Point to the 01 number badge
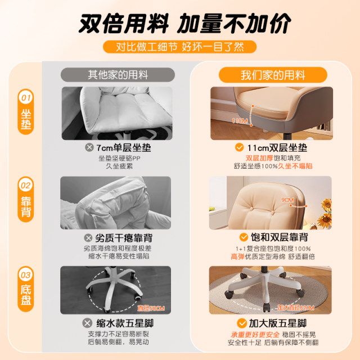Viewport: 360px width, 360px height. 26,98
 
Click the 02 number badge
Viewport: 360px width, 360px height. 26,185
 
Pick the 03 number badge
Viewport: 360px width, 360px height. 26,274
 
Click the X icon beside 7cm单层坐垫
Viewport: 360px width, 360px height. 88,148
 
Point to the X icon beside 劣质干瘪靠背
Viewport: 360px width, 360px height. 88,237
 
